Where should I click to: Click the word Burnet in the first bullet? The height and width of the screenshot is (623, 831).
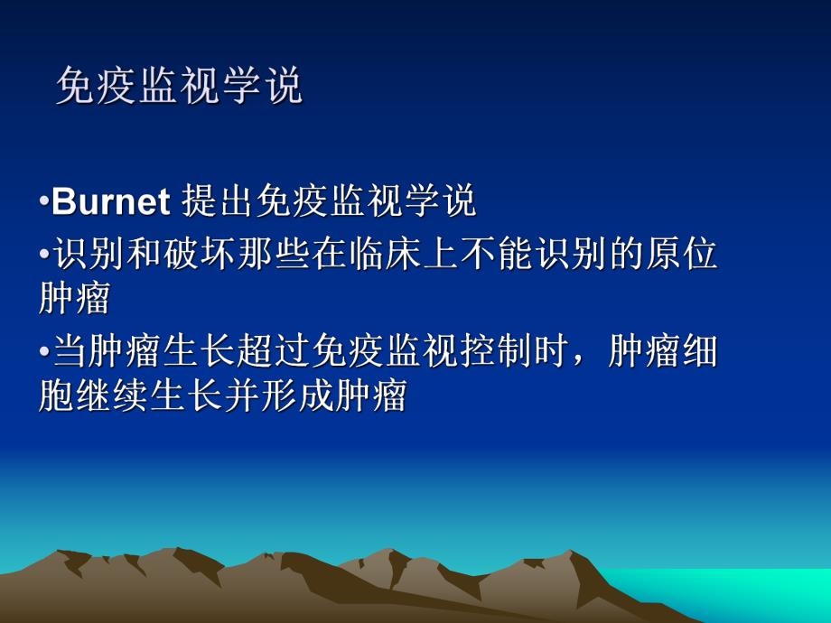pyautogui.click(x=111, y=202)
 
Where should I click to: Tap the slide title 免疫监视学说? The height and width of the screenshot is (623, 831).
pyautogui.click(x=179, y=87)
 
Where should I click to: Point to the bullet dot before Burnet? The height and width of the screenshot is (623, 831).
pyautogui.click(x=43, y=202)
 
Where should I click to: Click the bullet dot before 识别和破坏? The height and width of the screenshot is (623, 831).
pyautogui.click(x=43, y=255)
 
